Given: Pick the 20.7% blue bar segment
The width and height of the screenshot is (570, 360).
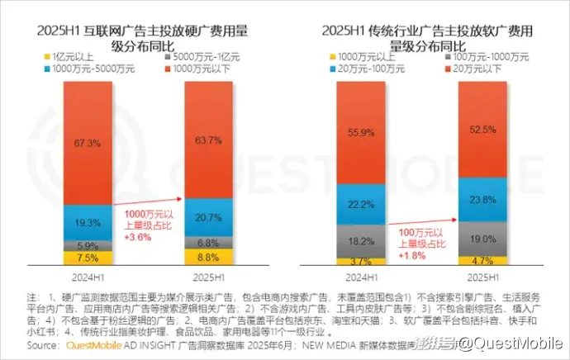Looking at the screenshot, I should (208, 216).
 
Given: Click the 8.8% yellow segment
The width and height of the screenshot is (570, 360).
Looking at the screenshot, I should (208, 257).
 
